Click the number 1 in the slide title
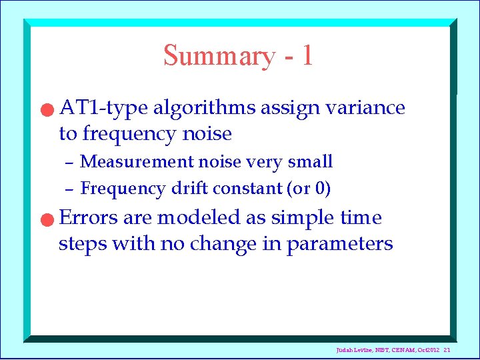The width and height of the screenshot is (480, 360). [306, 55]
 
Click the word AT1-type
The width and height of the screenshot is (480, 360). [103, 107]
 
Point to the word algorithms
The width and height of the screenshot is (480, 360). [204, 108]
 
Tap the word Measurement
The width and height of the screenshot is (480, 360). [136, 162]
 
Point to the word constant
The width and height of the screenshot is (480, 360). [248, 189]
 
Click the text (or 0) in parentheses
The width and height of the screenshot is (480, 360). [308, 189]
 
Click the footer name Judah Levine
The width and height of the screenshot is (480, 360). [357, 350]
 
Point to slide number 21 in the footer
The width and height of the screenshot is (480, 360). [447, 350]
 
